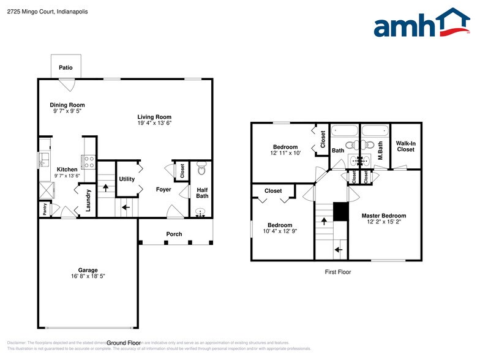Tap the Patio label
point(66,68)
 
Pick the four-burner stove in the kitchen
point(89,162)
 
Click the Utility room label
point(127,179)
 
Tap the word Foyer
point(163,190)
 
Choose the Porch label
point(174,234)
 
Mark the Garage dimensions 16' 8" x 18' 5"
point(88,276)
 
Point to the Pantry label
point(45,209)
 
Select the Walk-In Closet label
point(406,146)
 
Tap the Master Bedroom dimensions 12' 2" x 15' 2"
point(384,222)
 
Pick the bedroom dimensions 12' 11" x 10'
point(285,153)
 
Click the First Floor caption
point(337,272)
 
